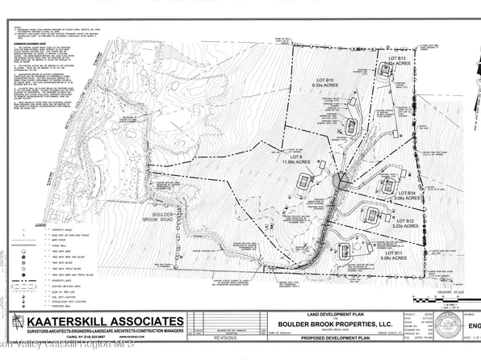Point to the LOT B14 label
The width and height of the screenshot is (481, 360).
[x=406, y=194]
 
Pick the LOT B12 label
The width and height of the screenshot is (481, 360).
[x=404, y=220]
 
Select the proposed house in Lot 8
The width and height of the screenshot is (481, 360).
[x=303, y=182]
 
